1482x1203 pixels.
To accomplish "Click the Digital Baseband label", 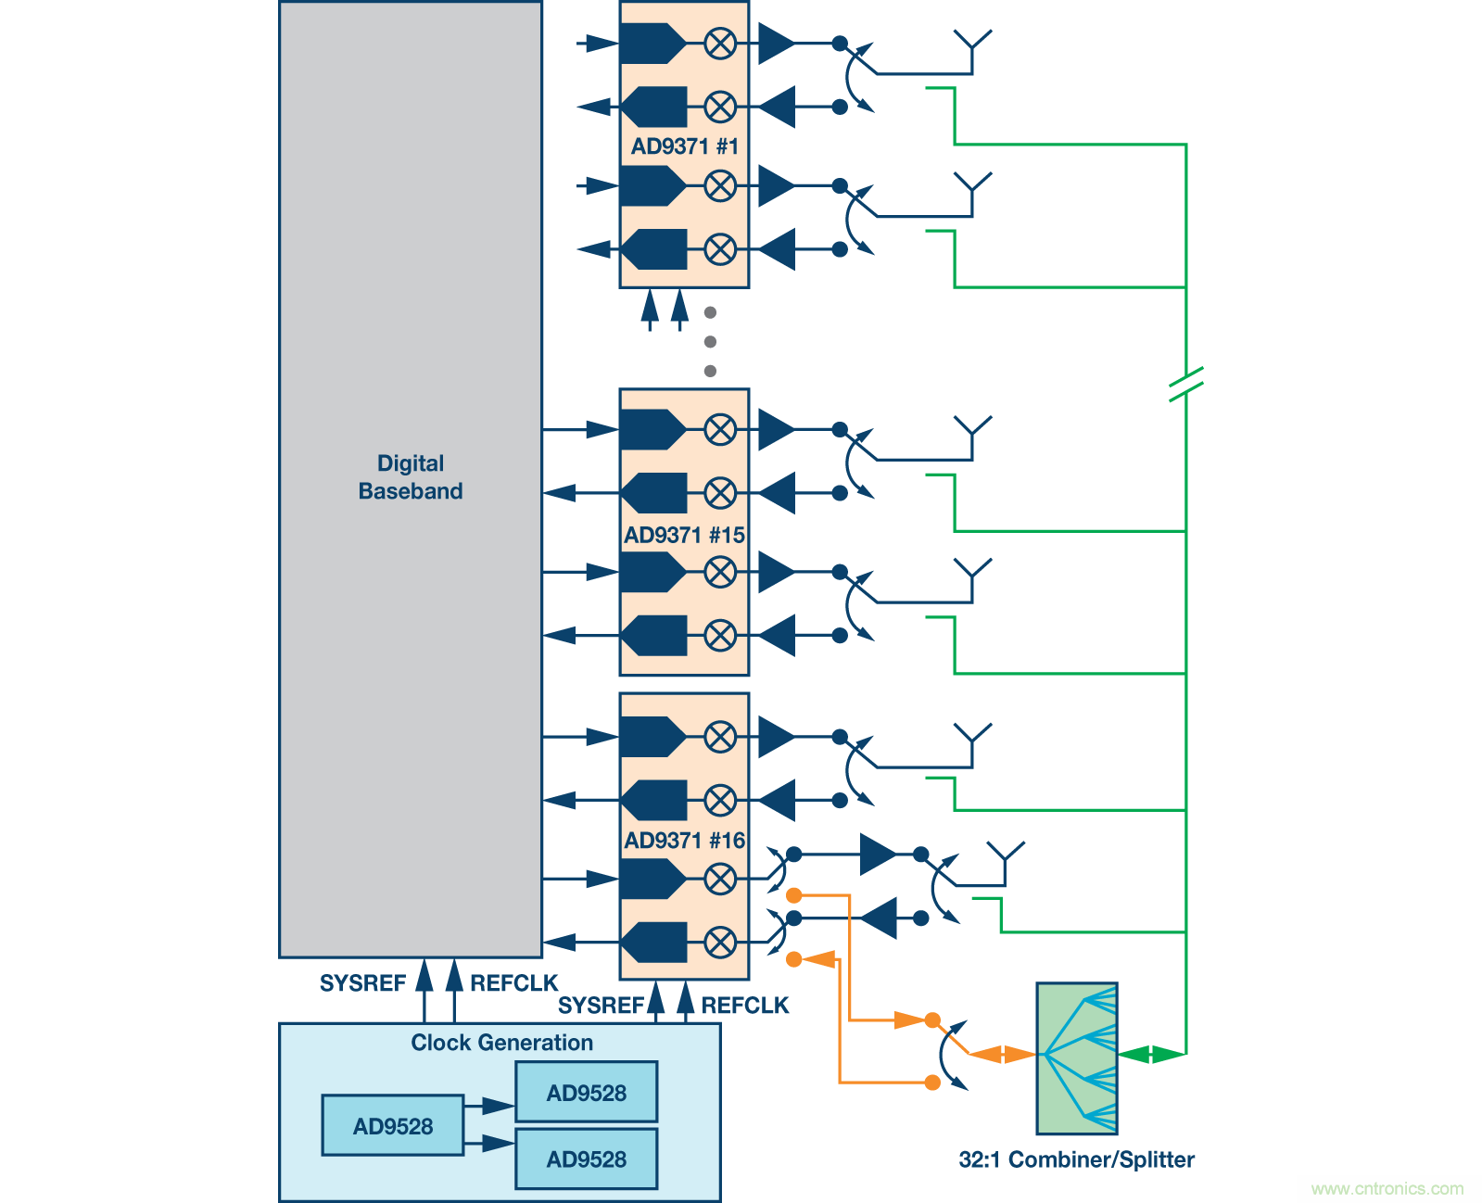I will pos(411,477).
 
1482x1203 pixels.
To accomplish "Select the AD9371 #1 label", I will pos(684,146).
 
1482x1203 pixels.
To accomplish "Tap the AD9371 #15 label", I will pos(684,535).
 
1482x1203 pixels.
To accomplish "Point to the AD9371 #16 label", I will pos(684,841).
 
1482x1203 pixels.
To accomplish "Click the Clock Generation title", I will pos(501,1043).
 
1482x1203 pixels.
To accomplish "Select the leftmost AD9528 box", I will pos(392,1126).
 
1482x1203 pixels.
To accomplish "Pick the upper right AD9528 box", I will pos(586,1093).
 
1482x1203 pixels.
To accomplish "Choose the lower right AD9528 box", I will pos(586,1159).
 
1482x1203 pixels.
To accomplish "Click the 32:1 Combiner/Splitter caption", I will pos(1076,1159).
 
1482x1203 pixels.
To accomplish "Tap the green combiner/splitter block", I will pos(1076,1058).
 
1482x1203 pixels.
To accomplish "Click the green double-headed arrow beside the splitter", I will pos(1151,1055).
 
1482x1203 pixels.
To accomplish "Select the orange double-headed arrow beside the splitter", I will pos(1003,1055).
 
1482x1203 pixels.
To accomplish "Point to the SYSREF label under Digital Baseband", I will pos(362,983).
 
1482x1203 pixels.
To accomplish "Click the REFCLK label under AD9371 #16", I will pos(744,1006).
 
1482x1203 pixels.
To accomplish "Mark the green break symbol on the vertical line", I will pos(1185,384).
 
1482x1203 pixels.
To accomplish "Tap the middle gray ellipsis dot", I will pos(710,342).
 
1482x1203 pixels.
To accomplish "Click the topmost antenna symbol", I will pos(972,42).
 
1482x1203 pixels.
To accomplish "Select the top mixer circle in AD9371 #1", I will pos(720,44).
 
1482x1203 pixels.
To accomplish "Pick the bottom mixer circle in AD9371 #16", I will pos(720,943).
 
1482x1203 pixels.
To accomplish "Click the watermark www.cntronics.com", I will pos(1387,1188).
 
